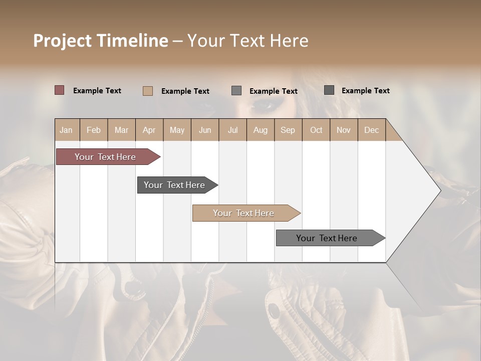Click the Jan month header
[66, 130]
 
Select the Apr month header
[149, 130]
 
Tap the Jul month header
[232, 130]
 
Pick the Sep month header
[288, 130]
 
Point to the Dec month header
[371, 130]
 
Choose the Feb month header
[94, 130]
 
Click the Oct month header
[316, 130]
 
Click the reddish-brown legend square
[59, 90]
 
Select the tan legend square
[147, 91]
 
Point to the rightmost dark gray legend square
[329, 90]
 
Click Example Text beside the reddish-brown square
[97, 91]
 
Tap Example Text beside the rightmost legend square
[366, 91]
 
